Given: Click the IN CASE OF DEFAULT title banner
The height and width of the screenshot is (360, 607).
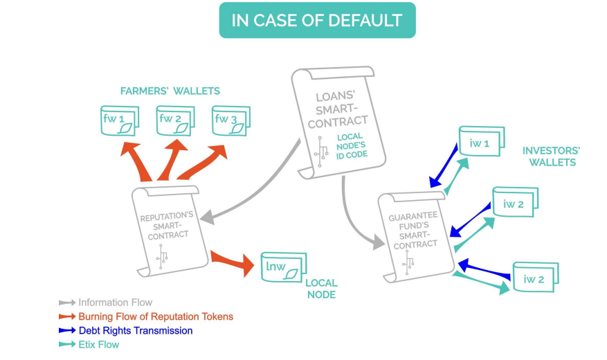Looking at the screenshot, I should click(317, 20).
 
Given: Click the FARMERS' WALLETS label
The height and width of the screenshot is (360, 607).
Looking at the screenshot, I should click(170, 91).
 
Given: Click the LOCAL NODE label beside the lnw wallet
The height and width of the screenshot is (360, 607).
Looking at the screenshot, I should click(320, 289).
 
